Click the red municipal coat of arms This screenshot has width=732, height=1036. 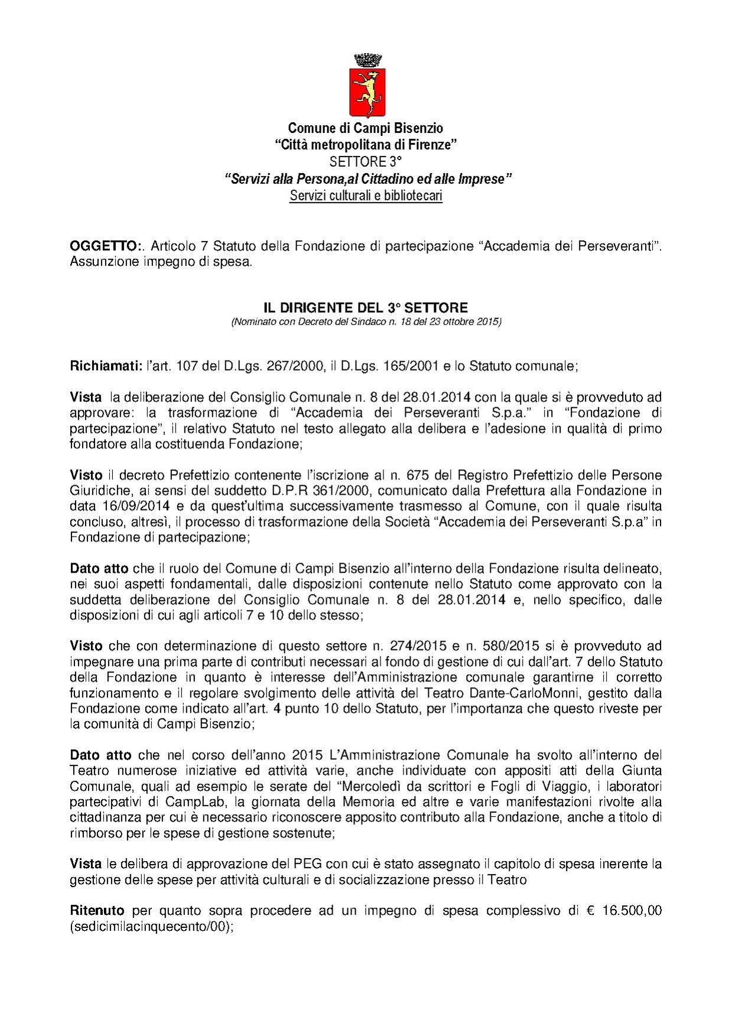(x=367, y=91)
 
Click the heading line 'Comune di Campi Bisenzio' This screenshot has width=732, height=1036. (x=365, y=128)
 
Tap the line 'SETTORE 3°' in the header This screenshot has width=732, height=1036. (x=365, y=161)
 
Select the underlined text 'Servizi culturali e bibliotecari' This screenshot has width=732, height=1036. (x=366, y=196)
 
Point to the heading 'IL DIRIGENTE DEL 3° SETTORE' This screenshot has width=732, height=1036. (x=365, y=307)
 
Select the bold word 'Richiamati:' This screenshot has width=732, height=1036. (x=106, y=366)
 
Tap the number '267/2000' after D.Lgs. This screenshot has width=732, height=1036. (x=295, y=366)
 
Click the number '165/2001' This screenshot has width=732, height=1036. (x=408, y=366)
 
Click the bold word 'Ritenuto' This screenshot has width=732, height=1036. (x=97, y=911)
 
